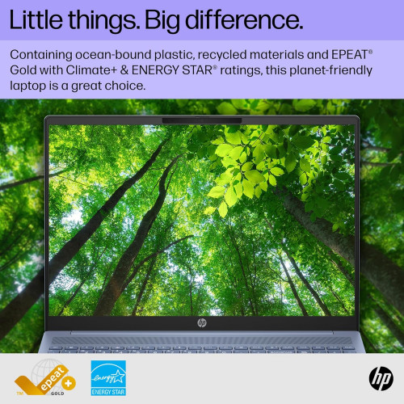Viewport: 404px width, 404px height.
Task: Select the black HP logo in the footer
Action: pos(379,377)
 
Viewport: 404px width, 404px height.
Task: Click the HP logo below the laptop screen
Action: pos(201,322)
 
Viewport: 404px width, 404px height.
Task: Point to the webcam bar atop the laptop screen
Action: pos(201,122)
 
